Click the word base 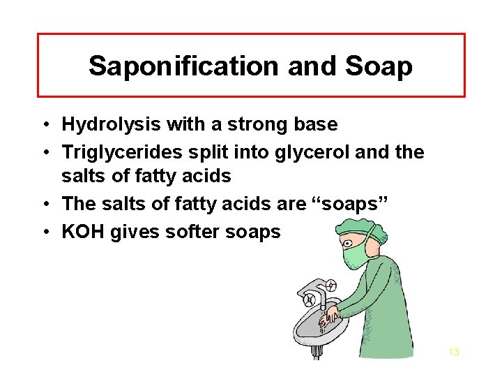click(x=317, y=125)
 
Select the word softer click(x=193, y=232)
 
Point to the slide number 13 click(x=453, y=352)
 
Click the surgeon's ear click(x=369, y=244)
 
